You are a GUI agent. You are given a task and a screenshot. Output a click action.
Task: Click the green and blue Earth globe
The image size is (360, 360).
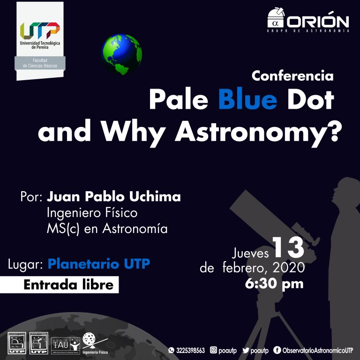pos(122,55)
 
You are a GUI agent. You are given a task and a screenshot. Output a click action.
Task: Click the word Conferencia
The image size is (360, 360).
pos(292,75)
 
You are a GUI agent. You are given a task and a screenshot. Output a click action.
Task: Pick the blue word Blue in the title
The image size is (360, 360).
pos(248,99)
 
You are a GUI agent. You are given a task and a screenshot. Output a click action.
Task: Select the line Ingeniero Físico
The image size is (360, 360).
pos(92,213)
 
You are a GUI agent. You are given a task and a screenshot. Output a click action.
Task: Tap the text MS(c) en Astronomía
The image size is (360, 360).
pos(107,229)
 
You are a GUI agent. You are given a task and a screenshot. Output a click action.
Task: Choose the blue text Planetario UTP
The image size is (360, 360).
pos(98,264)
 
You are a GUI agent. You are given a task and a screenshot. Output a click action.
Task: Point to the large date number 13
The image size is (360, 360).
pos(288,248)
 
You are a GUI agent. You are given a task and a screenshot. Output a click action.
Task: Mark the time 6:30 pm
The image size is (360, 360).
pos(274,284)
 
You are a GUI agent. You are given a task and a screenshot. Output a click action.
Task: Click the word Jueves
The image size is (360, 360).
pos(251,254)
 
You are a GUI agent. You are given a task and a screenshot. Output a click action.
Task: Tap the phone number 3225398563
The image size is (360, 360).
pos(190,351)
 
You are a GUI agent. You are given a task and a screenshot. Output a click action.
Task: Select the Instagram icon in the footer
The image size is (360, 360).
pos(214,351)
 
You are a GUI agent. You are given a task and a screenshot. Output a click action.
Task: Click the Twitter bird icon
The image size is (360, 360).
pos(246,351)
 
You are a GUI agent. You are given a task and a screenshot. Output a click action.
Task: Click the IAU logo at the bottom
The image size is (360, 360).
pos(61,344)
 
